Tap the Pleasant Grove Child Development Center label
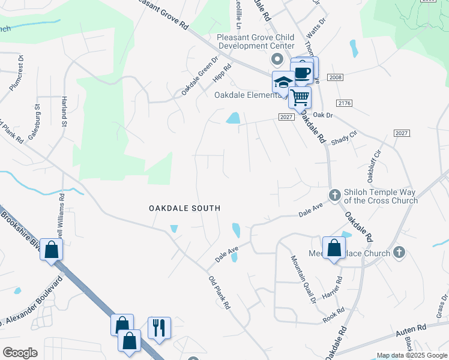[x=255, y=41]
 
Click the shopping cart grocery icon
[x=300, y=97]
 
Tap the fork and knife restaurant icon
[x=159, y=328]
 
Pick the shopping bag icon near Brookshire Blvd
[x=52, y=250]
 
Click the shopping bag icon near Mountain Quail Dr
[x=334, y=248]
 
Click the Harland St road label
[x=64, y=112]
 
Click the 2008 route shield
[x=335, y=77]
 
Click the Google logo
[x=20, y=353]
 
